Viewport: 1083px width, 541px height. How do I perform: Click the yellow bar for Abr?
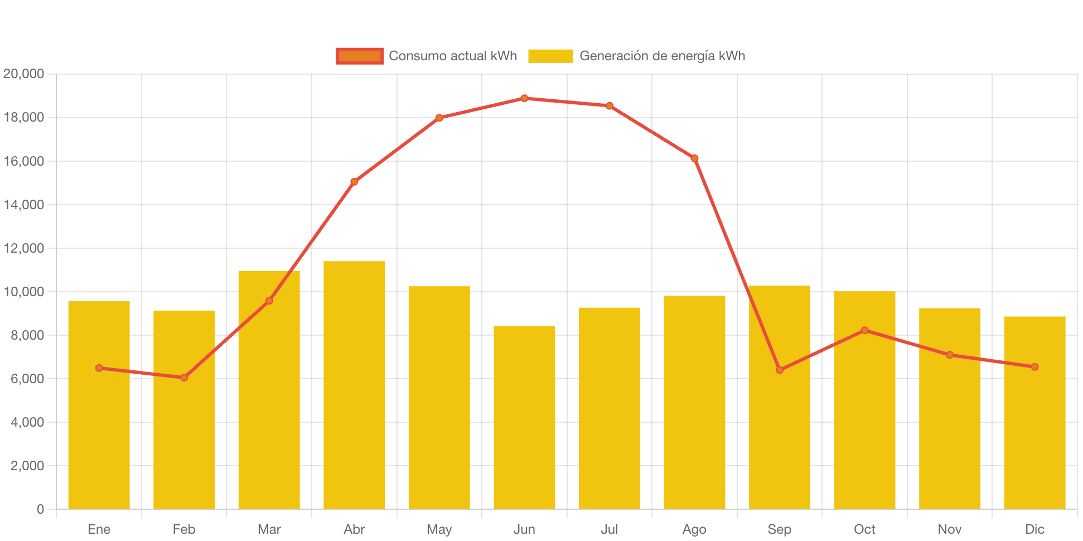(x=354, y=385)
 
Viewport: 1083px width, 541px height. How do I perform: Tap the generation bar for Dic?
(x=1034, y=413)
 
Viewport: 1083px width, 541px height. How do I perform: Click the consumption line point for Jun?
(x=524, y=98)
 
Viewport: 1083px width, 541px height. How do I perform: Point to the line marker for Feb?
(x=184, y=378)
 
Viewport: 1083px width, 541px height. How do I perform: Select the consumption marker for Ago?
(x=694, y=158)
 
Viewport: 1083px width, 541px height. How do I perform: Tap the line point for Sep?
(x=780, y=370)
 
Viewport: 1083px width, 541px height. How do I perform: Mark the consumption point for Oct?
(x=864, y=330)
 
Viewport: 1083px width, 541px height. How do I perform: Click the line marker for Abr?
(x=354, y=182)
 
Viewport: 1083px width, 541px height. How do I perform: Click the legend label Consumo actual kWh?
(x=452, y=56)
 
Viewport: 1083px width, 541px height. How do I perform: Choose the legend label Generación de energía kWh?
(x=662, y=56)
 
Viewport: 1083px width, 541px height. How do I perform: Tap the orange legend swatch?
(x=360, y=56)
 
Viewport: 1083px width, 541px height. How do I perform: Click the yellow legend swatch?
(x=550, y=56)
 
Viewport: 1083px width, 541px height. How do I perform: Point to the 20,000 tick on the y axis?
(x=23, y=74)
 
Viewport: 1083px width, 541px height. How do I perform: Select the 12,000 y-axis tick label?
(x=23, y=248)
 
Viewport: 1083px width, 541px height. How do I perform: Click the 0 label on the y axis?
(x=40, y=509)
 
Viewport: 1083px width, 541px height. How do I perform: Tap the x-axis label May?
(x=439, y=529)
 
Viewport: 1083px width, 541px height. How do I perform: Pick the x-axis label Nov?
(x=950, y=529)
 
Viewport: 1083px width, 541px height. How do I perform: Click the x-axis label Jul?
(x=609, y=529)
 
